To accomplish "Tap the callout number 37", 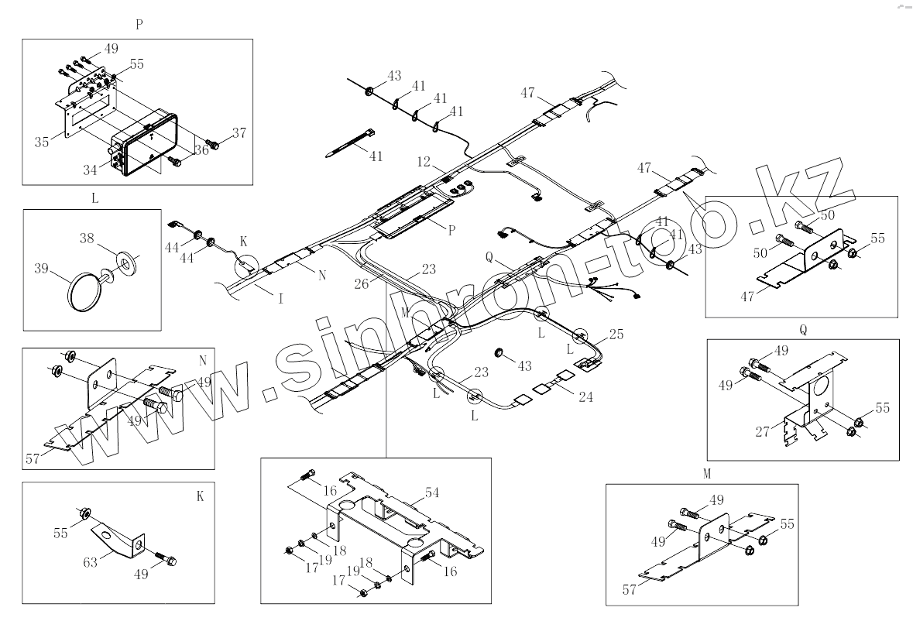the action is pyautogui.click(x=239, y=132).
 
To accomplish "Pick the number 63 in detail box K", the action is pyautogui.click(x=91, y=561).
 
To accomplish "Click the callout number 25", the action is pyautogui.click(x=616, y=334).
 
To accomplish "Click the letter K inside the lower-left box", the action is pyautogui.click(x=200, y=496).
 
